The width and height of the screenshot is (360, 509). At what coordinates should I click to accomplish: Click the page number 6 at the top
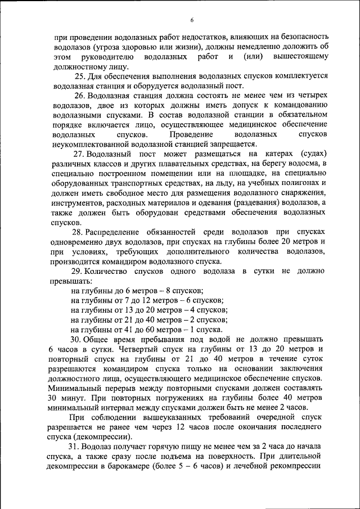click(191, 21)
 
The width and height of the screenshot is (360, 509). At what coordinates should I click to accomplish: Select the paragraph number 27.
click(79, 153)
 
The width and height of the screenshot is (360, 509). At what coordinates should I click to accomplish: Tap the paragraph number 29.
click(79, 271)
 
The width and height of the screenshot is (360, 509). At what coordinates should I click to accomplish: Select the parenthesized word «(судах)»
click(308, 153)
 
